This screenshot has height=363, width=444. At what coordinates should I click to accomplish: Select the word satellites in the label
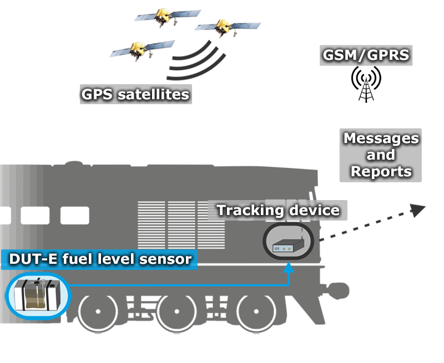coord(155,94)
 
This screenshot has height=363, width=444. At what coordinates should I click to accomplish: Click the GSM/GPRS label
coord(366,55)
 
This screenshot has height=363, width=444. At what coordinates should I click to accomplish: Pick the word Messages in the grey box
coord(381,139)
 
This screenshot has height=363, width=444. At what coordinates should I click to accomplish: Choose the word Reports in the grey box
coord(381,171)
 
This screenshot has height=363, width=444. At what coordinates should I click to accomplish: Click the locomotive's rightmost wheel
coord(256,310)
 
